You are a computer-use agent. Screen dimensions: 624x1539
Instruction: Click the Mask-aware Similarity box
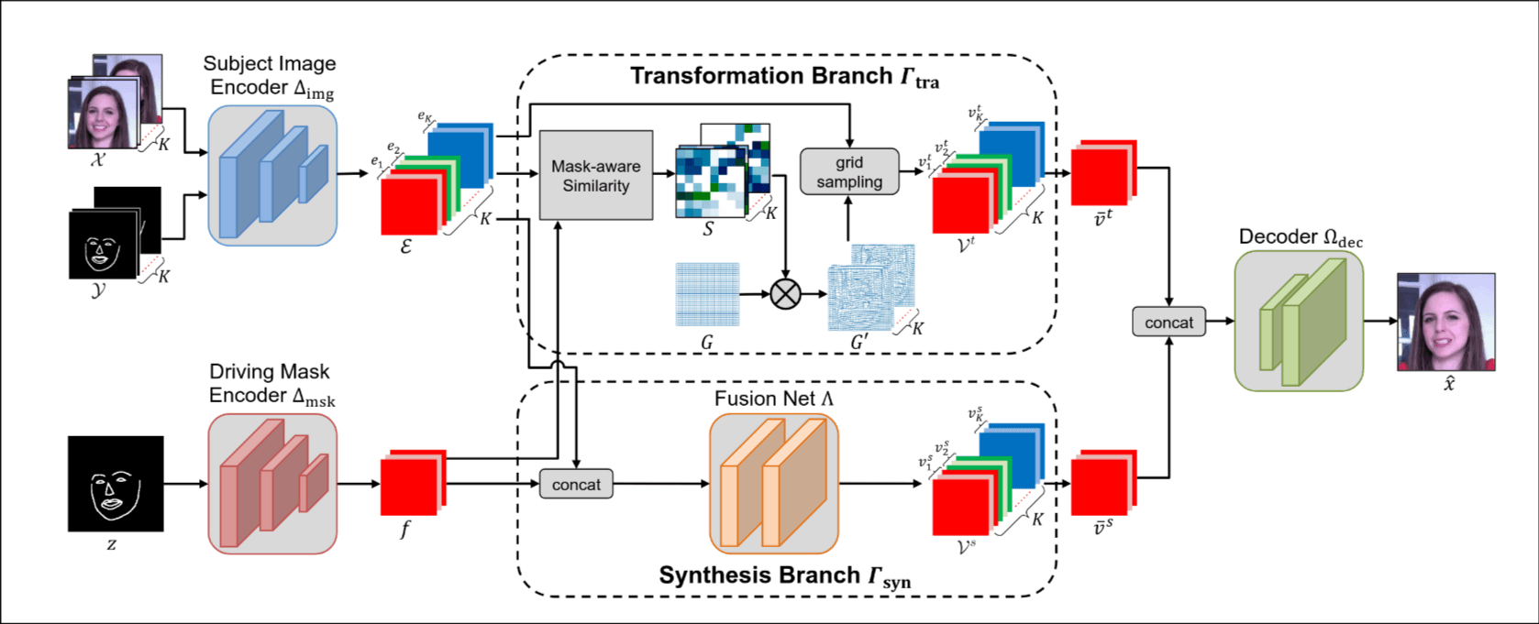coord(596,175)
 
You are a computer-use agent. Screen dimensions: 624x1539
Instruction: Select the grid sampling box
coord(849,171)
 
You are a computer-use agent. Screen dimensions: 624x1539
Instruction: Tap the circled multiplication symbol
coord(785,294)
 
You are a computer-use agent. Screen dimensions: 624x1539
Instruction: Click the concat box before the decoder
coord(1168,323)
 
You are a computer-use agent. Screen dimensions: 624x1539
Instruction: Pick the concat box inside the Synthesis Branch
coord(576,484)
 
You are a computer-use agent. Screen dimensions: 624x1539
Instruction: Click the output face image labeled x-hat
coord(1445,322)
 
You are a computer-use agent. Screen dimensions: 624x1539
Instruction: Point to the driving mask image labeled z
coord(116,484)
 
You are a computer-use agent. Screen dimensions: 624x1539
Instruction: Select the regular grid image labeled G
coord(707,294)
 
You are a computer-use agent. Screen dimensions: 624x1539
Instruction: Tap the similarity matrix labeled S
coord(715,179)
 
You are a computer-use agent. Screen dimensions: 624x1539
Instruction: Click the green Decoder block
coord(1299,321)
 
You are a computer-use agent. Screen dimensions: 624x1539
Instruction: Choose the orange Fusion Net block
coord(774,483)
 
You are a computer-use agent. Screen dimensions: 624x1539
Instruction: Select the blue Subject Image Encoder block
coord(272,175)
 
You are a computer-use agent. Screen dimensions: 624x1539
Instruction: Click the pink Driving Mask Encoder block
coord(272,483)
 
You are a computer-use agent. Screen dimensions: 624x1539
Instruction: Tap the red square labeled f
coord(410,485)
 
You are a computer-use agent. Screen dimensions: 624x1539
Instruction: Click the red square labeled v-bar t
coord(1102,174)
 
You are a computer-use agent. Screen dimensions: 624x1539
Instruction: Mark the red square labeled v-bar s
coord(1102,484)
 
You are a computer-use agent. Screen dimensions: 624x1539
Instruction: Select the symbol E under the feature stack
coord(405,246)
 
